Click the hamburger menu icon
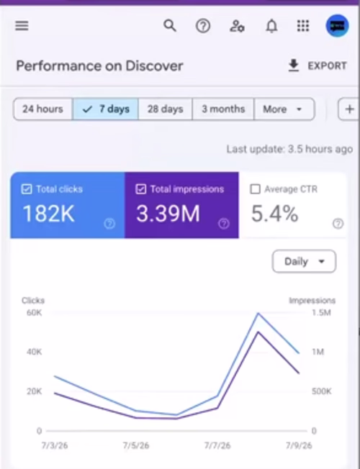point(22,26)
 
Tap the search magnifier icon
point(170,26)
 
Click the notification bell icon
point(271,26)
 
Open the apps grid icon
point(303,26)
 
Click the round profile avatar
point(337,26)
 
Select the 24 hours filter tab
point(42,109)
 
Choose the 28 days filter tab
point(165,109)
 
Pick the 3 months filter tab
point(223,109)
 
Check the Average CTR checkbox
point(255,189)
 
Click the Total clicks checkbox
point(27,189)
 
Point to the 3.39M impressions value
point(168,214)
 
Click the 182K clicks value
point(48,214)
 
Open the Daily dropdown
point(304,261)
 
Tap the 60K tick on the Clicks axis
point(34,313)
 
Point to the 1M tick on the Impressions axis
point(318,352)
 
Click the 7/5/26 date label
point(136,446)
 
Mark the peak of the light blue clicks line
point(258,313)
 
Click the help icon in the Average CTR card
point(338,224)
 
